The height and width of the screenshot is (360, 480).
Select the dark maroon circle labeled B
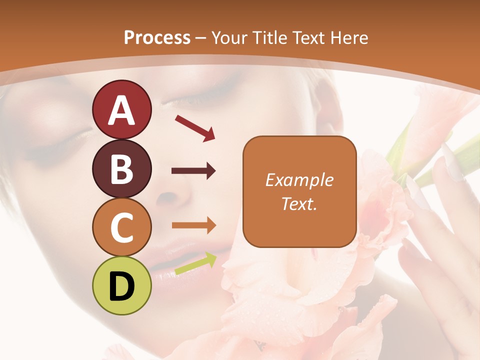click(x=121, y=168)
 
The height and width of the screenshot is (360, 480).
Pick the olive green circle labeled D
click(x=121, y=285)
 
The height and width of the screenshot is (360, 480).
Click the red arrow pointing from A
click(x=194, y=128)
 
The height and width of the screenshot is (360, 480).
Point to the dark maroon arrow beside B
click(x=193, y=171)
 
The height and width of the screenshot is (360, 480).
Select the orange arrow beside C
click(x=193, y=225)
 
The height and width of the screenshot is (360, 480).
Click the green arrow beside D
click(x=195, y=264)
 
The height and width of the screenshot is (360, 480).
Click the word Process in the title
click(x=157, y=37)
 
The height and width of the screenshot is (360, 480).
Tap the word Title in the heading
click(x=269, y=37)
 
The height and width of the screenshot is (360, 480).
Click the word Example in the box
click(x=299, y=180)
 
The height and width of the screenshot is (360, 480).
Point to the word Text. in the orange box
click(x=299, y=203)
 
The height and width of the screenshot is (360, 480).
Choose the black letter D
click(x=122, y=287)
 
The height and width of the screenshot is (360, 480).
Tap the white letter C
click(x=122, y=228)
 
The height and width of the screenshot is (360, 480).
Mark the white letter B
click(x=122, y=169)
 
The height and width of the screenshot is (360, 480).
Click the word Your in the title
click(x=230, y=37)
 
